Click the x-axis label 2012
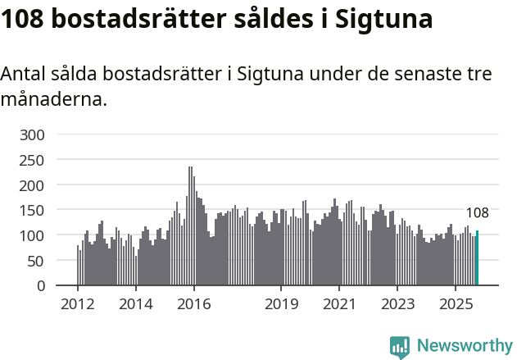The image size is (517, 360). pyautogui.click(x=78, y=304)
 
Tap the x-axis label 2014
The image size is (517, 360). pyautogui.click(x=136, y=304)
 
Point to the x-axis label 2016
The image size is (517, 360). pyautogui.click(x=194, y=304)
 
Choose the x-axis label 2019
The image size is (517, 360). pyautogui.click(x=281, y=304)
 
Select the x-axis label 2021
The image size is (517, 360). pyautogui.click(x=339, y=304)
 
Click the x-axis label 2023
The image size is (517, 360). pyautogui.click(x=397, y=304)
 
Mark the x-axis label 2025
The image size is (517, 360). pyautogui.click(x=456, y=304)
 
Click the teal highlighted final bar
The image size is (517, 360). pyautogui.click(x=478, y=258)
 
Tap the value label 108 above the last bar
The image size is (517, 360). pyautogui.click(x=477, y=213)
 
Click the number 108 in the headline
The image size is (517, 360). pyautogui.click(x=24, y=19)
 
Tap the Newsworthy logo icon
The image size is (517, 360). pyautogui.click(x=400, y=347)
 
